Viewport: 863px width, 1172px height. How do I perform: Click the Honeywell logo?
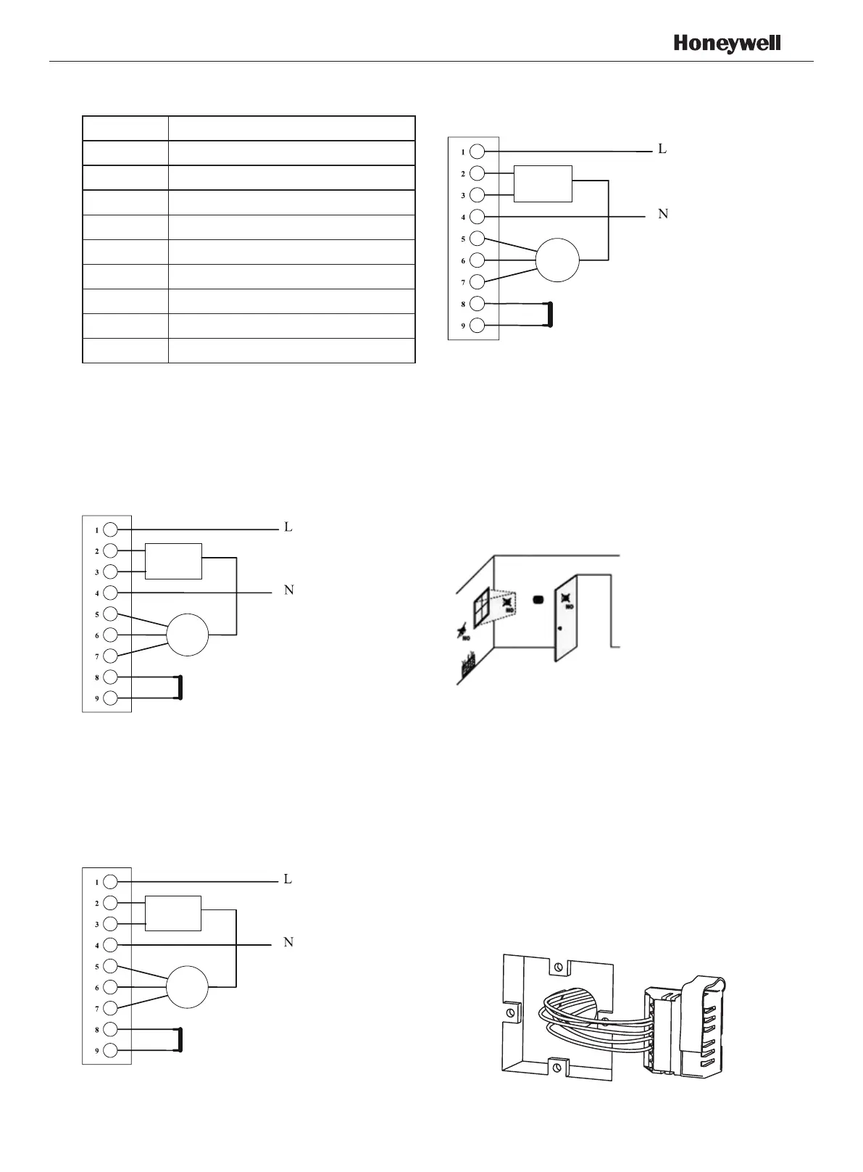[x=727, y=44]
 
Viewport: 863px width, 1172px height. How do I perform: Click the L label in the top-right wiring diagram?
[x=662, y=149]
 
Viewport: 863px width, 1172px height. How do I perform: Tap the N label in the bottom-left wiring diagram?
[x=288, y=942]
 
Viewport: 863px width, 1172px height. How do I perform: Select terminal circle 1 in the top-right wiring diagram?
[x=477, y=152]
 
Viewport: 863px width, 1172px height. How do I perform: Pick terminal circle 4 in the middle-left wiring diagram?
[x=110, y=593]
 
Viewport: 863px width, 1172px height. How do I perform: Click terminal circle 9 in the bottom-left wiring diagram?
[x=110, y=1050]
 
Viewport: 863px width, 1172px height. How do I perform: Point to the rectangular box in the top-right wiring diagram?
[x=543, y=183]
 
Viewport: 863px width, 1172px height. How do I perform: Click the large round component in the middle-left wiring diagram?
[x=187, y=635]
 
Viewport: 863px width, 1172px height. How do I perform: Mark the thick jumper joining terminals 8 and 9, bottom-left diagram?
[x=180, y=1039]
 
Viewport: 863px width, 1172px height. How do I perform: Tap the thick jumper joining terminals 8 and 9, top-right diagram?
[x=550, y=315]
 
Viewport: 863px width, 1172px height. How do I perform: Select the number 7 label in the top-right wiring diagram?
[x=463, y=282]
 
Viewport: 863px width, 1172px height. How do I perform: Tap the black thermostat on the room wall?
[x=538, y=601]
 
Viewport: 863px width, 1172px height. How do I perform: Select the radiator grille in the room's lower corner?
[x=468, y=664]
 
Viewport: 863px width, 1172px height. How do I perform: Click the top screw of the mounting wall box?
[x=557, y=967]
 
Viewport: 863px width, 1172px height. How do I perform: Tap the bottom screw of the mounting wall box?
[x=556, y=1067]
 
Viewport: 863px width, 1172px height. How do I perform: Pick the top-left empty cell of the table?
[x=125, y=128]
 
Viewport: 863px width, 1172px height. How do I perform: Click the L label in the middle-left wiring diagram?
[x=288, y=527]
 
